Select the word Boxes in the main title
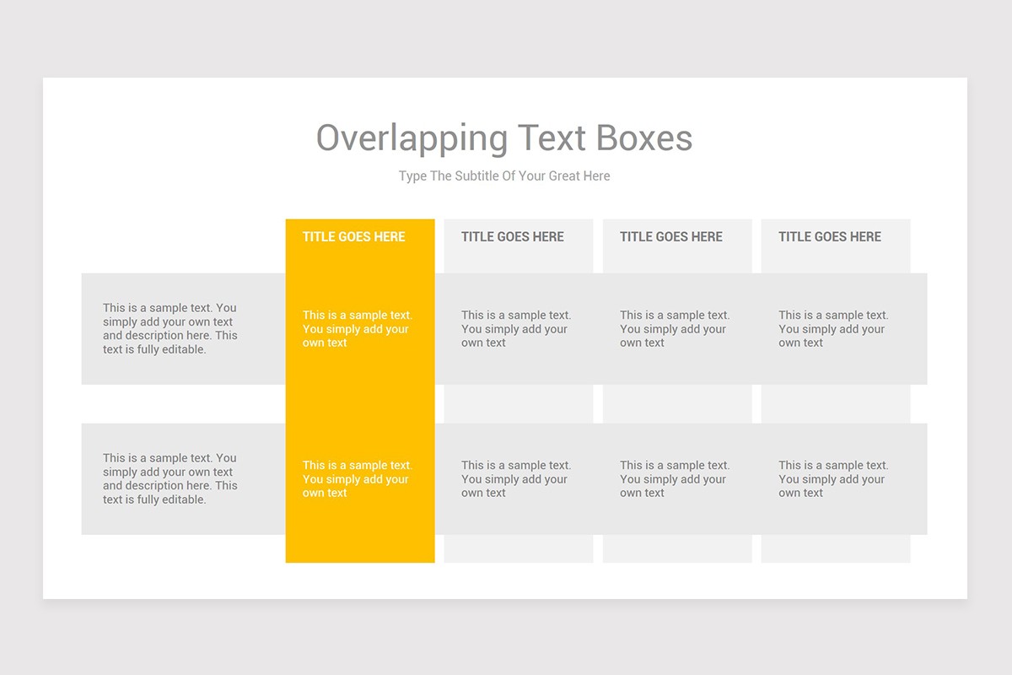click(644, 138)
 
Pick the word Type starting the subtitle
click(413, 176)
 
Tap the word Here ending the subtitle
click(595, 176)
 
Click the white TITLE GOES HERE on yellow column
click(354, 237)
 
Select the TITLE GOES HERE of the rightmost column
click(830, 237)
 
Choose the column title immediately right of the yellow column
click(513, 237)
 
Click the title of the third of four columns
click(671, 237)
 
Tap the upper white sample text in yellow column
click(358, 329)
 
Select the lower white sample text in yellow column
click(358, 479)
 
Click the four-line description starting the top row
click(170, 329)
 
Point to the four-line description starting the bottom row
click(170, 479)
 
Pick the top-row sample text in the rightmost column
click(833, 329)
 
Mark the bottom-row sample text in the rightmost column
click(833, 479)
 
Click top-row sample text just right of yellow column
click(516, 329)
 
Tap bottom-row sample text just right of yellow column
click(516, 479)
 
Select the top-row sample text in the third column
click(675, 329)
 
